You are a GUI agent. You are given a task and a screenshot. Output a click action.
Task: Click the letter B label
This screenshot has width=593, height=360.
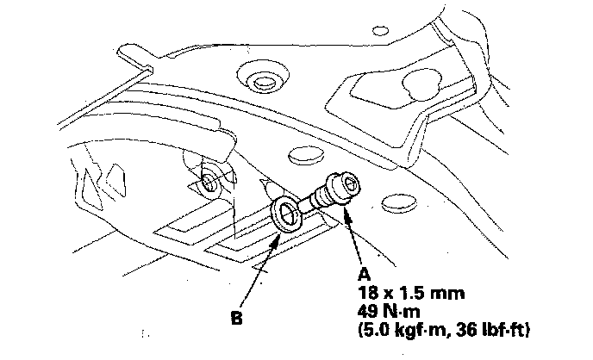[236, 317]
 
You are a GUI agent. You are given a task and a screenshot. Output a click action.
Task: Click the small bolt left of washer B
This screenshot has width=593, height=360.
[209, 182]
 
